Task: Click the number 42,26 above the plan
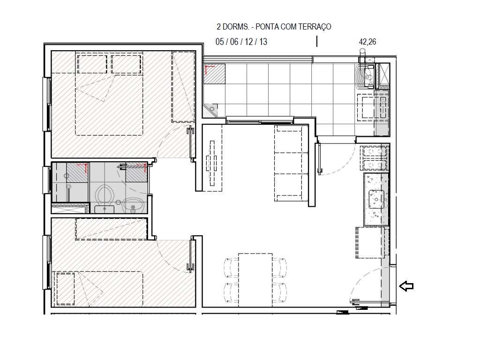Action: (x=367, y=42)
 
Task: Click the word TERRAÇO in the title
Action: (x=315, y=27)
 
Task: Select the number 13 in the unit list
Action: (x=263, y=42)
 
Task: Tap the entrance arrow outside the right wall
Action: (x=406, y=286)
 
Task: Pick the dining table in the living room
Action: (x=255, y=280)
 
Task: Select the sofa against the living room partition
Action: (x=291, y=162)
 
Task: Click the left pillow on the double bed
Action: (x=92, y=63)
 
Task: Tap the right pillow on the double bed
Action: (x=126, y=63)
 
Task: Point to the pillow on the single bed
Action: (x=65, y=288)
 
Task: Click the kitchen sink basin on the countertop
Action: (x=377, y=199)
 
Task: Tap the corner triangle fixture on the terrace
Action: (x=211, y=110)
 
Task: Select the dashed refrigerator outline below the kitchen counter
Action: (x=372, y=242)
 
